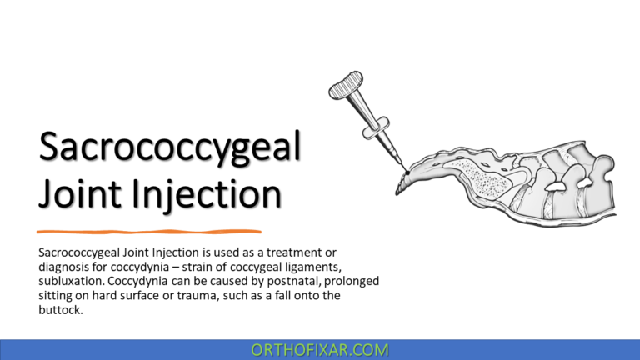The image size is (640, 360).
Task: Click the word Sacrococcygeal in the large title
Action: tap(170, 148)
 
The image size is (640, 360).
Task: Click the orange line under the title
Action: tap(149, 231)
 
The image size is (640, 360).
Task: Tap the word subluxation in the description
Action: tap(73, 282)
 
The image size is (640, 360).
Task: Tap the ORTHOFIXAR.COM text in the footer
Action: tap(319, 350)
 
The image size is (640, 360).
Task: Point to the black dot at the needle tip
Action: tap(406, 172)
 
